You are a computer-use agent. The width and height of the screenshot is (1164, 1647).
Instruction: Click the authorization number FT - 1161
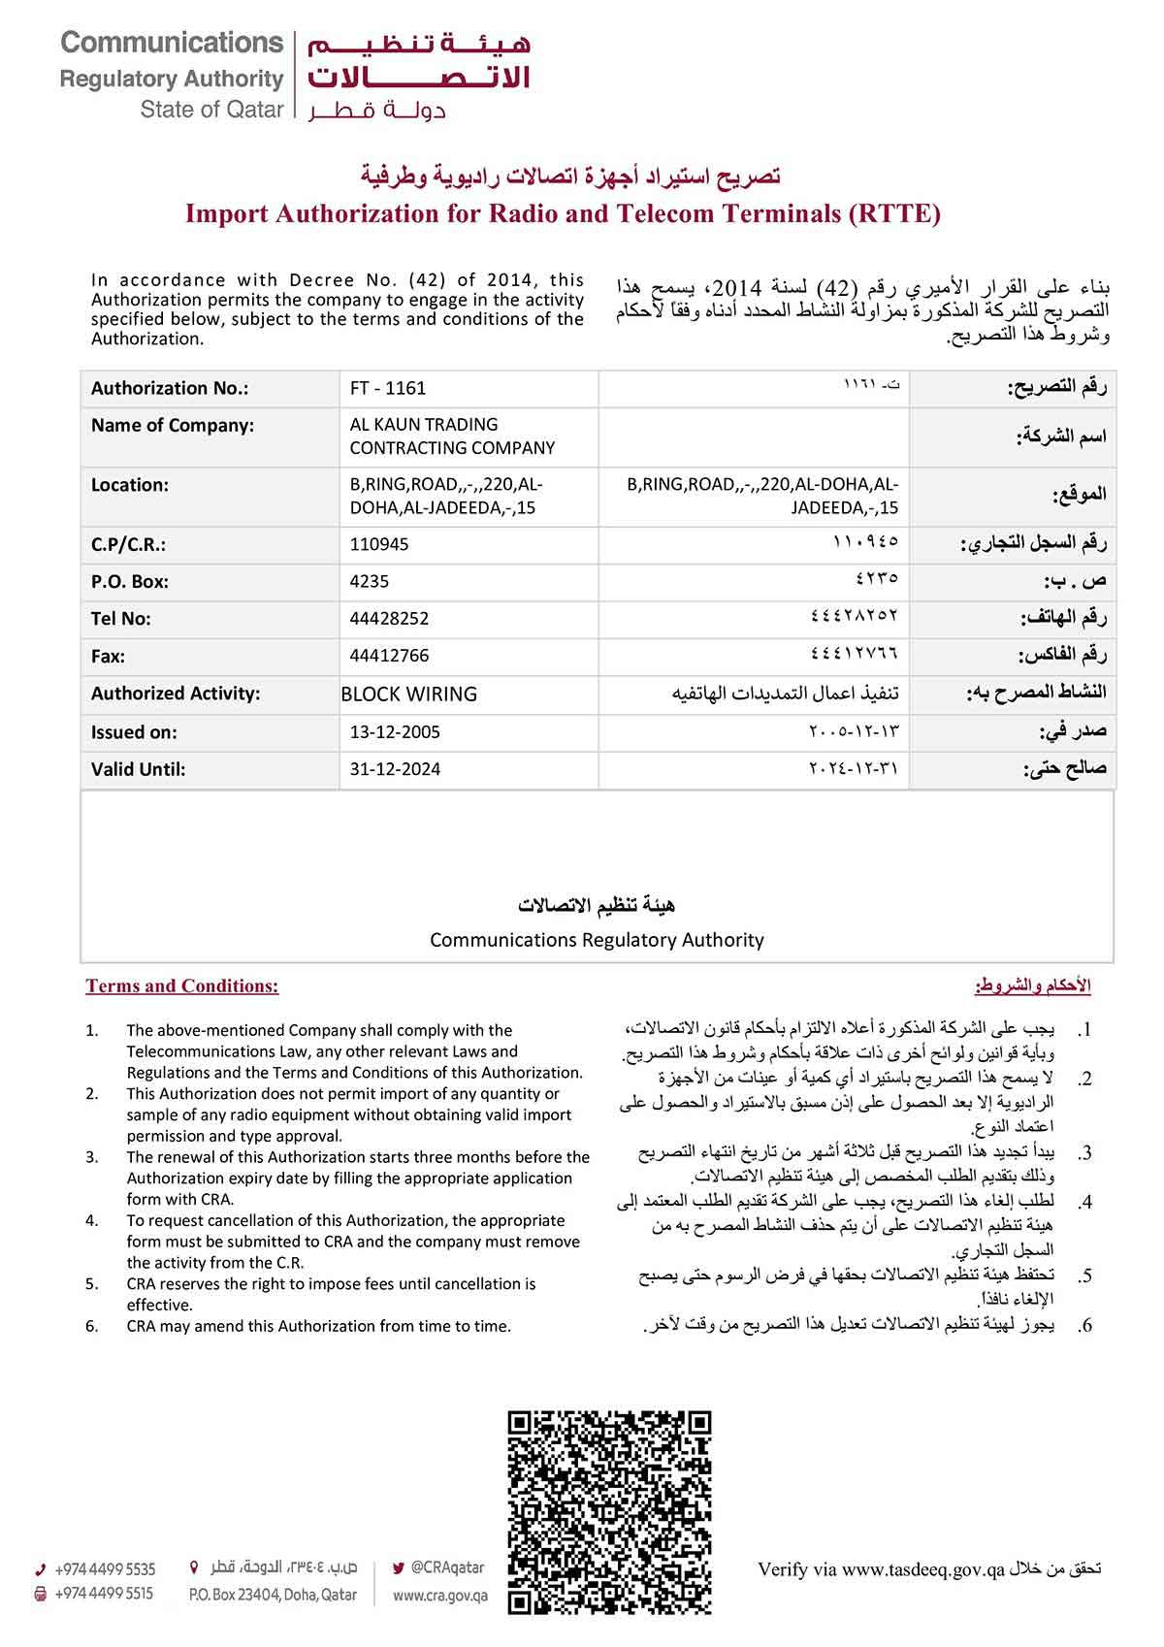point(388,388)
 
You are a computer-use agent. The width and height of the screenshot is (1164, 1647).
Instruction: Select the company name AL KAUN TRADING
point(424,425)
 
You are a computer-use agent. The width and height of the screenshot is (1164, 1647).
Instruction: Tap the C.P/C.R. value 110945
point(379,544)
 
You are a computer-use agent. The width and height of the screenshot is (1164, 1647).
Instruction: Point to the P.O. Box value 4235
point(370,581)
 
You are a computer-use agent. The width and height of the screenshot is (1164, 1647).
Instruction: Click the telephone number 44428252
point(389,618)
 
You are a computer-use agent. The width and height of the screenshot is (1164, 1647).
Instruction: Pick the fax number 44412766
point(389,656)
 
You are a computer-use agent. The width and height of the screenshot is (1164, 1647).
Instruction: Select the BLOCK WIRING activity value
point(408,694)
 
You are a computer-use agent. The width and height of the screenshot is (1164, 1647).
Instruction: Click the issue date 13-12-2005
point(395,731)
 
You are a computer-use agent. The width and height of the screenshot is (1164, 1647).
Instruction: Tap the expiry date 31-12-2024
point(395,769)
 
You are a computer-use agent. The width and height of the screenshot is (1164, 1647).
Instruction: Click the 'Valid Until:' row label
point(138,769)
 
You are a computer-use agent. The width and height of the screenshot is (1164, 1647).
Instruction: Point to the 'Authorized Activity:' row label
point(176,694)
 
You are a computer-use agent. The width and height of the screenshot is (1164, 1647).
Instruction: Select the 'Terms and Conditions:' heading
point(182,986)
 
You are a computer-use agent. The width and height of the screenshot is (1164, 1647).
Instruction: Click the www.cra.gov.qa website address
point(440,1596)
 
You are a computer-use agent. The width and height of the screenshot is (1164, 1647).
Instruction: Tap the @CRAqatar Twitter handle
point(447,1566)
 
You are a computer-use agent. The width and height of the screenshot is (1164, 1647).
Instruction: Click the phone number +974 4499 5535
point(105,1569)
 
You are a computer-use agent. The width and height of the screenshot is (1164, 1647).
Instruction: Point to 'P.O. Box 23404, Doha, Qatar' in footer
point(273,1596)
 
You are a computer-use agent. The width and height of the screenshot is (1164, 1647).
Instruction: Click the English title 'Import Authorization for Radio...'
point(563,213)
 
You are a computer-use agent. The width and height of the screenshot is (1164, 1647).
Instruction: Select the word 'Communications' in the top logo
point(172,43)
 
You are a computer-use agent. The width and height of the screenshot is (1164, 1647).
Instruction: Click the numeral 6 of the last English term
point(91,1326)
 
